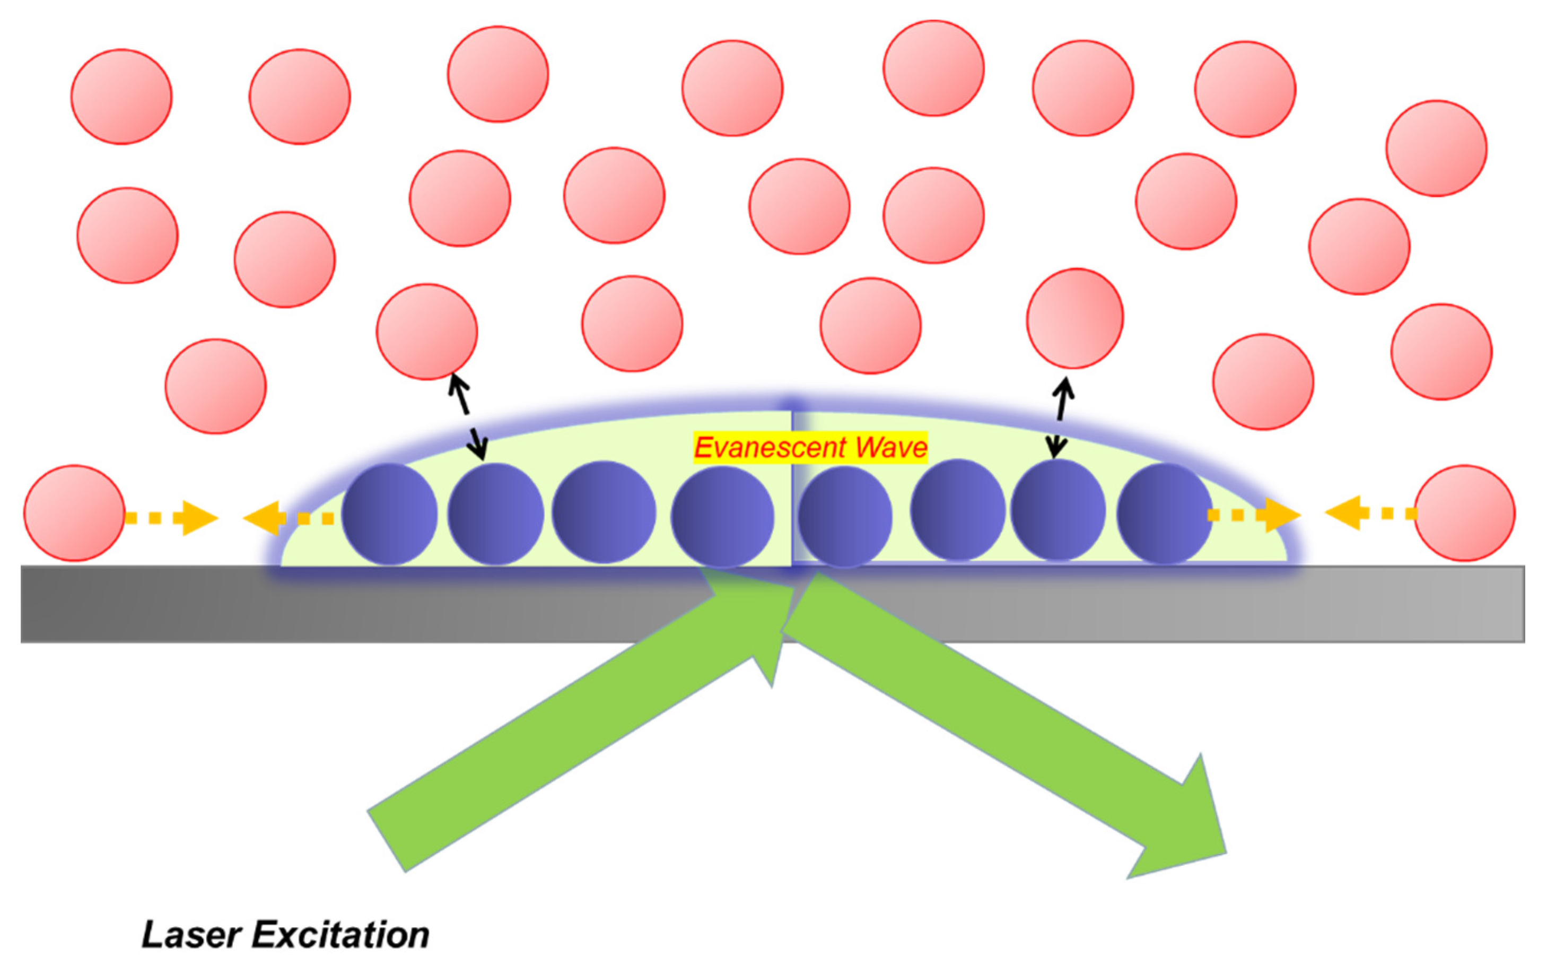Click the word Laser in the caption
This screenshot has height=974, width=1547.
[191, 935]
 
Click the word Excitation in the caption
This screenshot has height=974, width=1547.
[340, 935]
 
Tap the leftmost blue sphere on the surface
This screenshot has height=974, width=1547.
[389, 514]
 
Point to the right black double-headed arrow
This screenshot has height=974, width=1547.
[1060, 418]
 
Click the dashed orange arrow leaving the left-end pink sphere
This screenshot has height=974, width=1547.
[172, 517]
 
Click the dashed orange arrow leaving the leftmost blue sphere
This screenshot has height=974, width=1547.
[288, 517]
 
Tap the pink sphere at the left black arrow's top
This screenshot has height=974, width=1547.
[426, 332]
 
